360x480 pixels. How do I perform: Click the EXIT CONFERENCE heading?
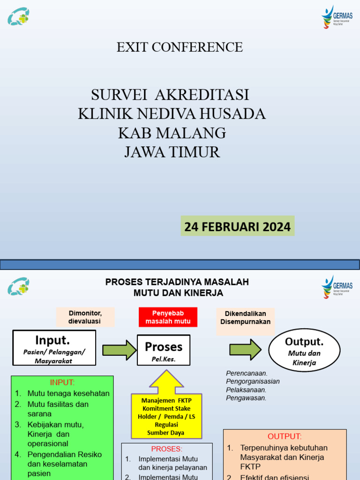tap(180, 47)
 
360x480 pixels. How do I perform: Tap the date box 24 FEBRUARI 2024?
tap(237, 226)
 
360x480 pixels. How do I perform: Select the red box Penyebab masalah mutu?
tap(168, 317)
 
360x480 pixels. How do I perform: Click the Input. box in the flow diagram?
tap(54, 347)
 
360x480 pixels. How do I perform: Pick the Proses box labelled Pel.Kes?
tap(163, 350)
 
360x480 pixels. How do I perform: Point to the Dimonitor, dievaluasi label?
tap(85, 317)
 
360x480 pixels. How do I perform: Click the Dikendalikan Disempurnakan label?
tap(245, 317)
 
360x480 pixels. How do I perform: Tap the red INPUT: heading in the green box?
tap(62, 382)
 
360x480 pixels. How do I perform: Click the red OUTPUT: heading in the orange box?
tap(285, 436)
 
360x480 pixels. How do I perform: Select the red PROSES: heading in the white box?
tap(166, 449)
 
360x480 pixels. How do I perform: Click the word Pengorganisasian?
tap(253, 381)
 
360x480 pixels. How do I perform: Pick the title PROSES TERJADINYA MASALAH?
tap(177, 282)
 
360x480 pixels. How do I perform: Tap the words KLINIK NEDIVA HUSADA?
tap(172, 113)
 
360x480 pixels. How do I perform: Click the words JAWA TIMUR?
tap(172, 152)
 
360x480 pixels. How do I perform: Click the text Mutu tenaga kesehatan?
tap(68, 393)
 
